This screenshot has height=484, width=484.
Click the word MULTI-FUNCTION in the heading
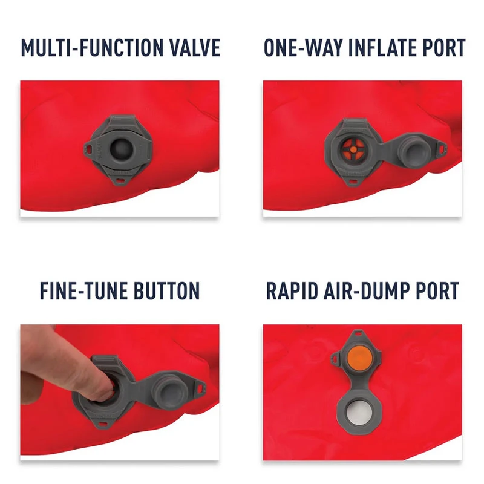click(x=93, y=48)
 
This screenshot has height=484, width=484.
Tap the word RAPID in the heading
click(x=292, y=291)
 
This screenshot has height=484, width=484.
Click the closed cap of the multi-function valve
click(x=121, y=149)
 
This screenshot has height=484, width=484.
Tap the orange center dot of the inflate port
click(x=353, y=149)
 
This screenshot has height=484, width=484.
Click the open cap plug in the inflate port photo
click(x=414, y=149)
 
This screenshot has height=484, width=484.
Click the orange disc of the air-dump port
click(x=358, y=358)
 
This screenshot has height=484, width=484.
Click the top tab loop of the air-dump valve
click(x=358, y=334)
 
